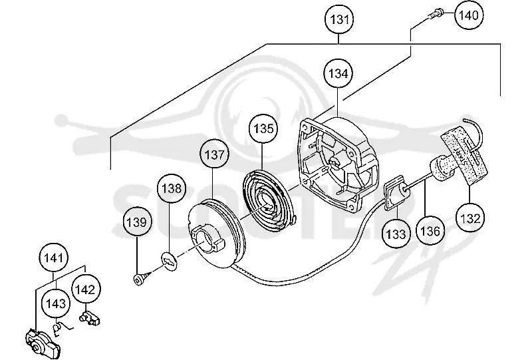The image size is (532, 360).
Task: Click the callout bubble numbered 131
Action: coord(339,19)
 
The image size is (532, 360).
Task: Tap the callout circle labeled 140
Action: coord(469,15)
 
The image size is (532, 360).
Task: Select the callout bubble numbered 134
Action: coord(338,73)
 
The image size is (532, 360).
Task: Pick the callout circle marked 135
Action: coord(263,128)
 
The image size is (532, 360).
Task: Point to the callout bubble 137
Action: coord(214,154)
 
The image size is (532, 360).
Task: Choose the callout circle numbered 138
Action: coord(172,188)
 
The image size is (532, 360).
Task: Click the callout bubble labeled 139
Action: coord(137,222)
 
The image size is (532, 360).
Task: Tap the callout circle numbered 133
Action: coord(396,234)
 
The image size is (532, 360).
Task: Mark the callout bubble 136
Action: coord(430,231)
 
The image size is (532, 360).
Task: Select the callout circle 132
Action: coord(470,218)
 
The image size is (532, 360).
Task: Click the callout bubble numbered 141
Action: coord(54,258)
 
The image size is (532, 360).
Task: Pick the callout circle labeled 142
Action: coord(85,289)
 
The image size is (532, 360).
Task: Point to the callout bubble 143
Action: coord(56,303)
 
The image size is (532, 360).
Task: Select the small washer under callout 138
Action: coord(169,260)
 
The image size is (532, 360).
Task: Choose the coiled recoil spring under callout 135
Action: coord(269,198)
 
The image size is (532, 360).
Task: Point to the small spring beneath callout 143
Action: coord(63,329)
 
